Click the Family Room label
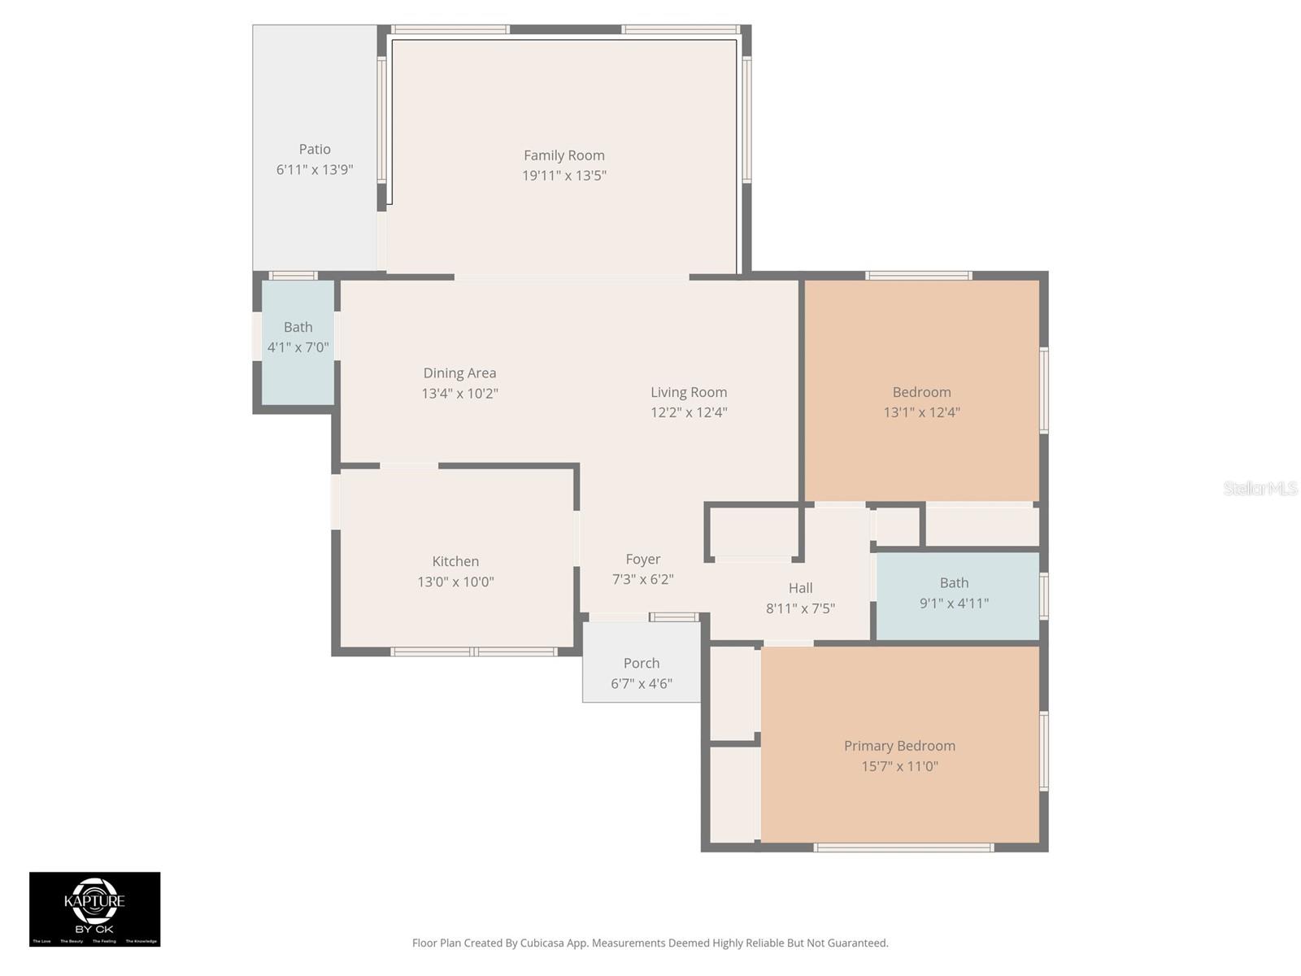pos(563,155)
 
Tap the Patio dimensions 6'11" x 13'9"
pos(315,170)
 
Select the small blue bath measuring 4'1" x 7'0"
pos(298,342)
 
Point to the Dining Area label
pos(459,373)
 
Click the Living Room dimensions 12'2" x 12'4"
pos(688,412)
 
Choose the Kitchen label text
pos(455,561)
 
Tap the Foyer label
pos(642,560)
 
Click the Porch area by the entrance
pos(641,664)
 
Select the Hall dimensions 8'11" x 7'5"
pos(800,608)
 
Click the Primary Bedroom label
pos(899,746)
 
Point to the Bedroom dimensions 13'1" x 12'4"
pos(921,412)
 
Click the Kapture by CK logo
pos(95,908)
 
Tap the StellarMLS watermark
pos(1260,488)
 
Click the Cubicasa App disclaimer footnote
pos(650,943)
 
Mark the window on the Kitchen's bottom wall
pos(474,651)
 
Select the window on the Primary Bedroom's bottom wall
pos(903,847)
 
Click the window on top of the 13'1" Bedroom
pos(918,276)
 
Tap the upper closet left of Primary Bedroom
pos(734,693)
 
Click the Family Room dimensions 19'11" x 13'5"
pos(563,176)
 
